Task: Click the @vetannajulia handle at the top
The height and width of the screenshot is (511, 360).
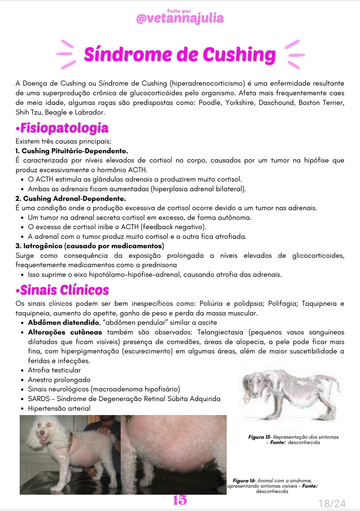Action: tap(180, 18)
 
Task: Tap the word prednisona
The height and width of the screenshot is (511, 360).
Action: tap(159, 265)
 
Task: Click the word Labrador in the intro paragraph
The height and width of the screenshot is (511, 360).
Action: tap(90, 112)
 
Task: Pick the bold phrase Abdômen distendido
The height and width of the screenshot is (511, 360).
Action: tap(64, 322)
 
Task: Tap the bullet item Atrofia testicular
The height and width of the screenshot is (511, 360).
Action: tap(54, 370)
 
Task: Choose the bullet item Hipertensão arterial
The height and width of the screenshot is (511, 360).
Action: tap(59, 408)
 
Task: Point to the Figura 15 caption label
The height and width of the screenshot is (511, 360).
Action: tap(259, 437)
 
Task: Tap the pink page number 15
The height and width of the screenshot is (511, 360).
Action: tap(180, 500)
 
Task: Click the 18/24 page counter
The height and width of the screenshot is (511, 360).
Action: tap(332, 503)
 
